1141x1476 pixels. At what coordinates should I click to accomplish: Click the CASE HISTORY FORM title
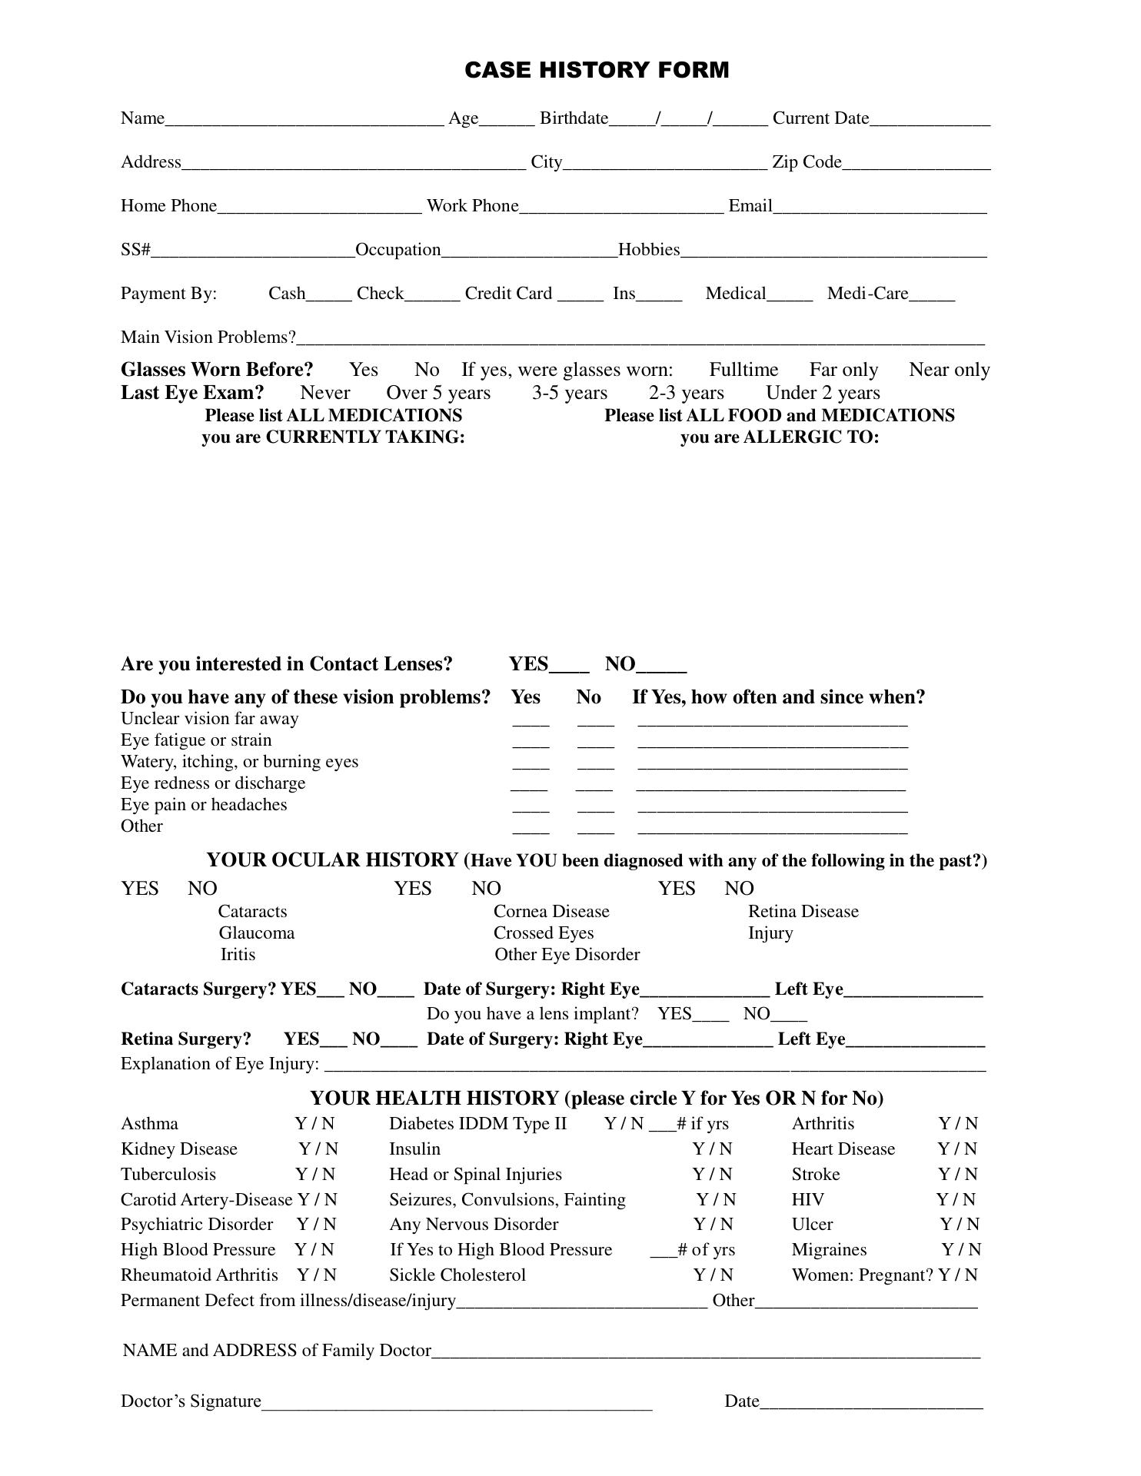pyautogui.click(x=597, y=71)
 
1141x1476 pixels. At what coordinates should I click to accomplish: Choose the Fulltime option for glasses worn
pyautogui.click(x=743, y=370)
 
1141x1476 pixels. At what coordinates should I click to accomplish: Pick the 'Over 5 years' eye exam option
pyautogui.click(x=438, y=393)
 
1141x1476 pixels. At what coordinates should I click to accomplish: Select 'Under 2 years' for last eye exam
pyautogui.click(x=823, y=393)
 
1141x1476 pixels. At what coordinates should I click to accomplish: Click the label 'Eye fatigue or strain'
pyautogui.click(x=196, y=740)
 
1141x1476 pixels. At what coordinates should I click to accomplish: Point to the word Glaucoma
pyautogui.click(x=256, y=933)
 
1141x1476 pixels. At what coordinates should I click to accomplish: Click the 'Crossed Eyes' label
pyautogui.click(x=544, y=933)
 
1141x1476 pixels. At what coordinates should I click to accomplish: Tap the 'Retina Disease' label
pyautogui.click(x=803, y=912)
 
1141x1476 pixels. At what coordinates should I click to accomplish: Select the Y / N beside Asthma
pyautogui.click(x=314, y=1124)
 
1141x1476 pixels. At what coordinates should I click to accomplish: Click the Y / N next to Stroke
pyautogui.click(x=957, y=1175)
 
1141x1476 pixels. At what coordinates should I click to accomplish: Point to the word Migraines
pyautogui.click(x=829, y=1250)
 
